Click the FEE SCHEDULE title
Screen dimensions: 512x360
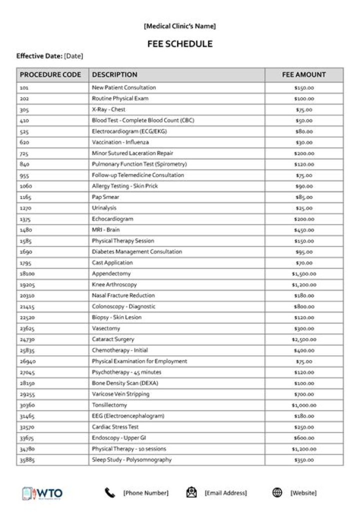click(x=179, y=44)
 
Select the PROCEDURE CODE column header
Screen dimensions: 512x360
click(x=50, y=75)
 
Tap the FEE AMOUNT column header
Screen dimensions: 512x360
click(x=303, y=75)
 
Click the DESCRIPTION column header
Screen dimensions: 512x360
click(x=114, y=75)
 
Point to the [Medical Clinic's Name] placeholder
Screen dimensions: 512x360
click(x=179, y=26)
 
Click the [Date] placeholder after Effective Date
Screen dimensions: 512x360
click(x=73, y=56)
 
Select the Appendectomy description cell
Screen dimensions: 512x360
click(x=111, y=273)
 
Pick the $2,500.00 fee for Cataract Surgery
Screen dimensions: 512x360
click(x=303, y=339)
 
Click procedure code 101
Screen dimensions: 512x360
click(x=24, y=87)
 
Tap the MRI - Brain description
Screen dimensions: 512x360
click(x=105, y=230)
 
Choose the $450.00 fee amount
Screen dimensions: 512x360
click(x=303, y=230)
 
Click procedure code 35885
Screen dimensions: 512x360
click(x=27, y=460)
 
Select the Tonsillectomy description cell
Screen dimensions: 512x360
click(x=109, y=405)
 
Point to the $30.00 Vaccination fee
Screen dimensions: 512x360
click(x=303, y=142)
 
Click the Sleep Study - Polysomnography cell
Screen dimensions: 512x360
click(x=131, y=460)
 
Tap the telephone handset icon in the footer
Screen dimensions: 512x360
click(x=109, y=493)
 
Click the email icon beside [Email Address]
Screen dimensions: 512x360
click(x=191, y=493)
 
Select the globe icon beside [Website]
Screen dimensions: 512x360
click(x=277, y=493)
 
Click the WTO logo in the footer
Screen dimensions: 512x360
click(x=42, y=493)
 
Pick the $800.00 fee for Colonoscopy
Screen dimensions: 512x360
click(x=303, y=306)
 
